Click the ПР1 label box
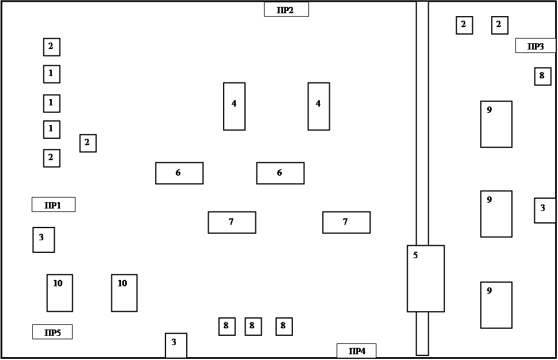coord(53,204)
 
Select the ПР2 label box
coord(286,9)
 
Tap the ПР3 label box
coord(535,46)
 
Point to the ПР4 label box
coord(356,350)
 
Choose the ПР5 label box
coord(52,332)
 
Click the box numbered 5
coord(425,279)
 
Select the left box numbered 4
coord(234,107)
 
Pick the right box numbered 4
coord(319,107)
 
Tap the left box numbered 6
coord(179,173)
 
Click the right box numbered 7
coord(346,222)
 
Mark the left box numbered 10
coord(59,293)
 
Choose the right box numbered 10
coord(124,293)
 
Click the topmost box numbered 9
coord(496,124)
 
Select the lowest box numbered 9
coord(496,305)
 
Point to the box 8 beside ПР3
coord(542,76)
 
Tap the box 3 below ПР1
coord(43,240)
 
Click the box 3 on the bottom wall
coord(176,345)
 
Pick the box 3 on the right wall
coord(545,210)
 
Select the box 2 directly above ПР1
coord(51,158)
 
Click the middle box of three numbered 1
coord(51,103)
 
